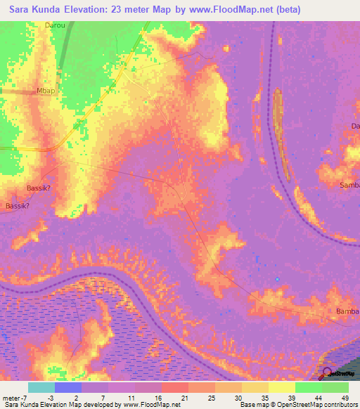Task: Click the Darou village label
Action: coord(55,25)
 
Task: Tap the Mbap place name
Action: coord(46,91)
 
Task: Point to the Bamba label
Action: coord(347,311)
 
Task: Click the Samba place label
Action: coord(349,185)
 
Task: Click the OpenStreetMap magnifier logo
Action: coord(327,373)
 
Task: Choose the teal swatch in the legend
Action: coord(41,387)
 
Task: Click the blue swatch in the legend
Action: coord(68,387)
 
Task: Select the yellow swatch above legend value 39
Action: coord(282,387)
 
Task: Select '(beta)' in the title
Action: coord(288,10)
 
